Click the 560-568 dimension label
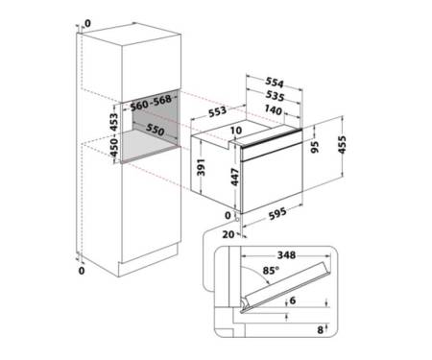(x=151, y=103)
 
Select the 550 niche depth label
(x=156, y=130)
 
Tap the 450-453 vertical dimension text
(x=114, y=135)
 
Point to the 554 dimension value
(x=275, y=83)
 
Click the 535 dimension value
(x=275, y=96)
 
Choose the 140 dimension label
(x=273, y=109)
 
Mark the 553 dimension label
(x=217, y=112)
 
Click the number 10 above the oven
(x=236, y=131)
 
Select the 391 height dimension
(x=201, y=167)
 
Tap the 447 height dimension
(x=235, y=177)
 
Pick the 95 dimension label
(x=315, y=147)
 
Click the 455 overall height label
(x=342, y=145)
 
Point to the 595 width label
(x=277, y=213)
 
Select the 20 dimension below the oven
(x=228, y=234)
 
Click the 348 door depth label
(x=286, y=255)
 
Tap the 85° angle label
(x=271, y=271)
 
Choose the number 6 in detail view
(x=293, y=300)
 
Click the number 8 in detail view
(x=320, y=330)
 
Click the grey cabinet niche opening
(x=149, y=127)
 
